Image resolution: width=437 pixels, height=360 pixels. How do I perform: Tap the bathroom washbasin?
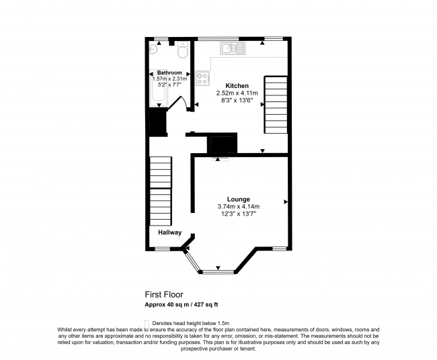(155, 48)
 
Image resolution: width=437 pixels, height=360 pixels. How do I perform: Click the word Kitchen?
(237, 86)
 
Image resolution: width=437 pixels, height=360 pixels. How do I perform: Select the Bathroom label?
(169, 73)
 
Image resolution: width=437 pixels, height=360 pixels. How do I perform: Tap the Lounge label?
(238, 199)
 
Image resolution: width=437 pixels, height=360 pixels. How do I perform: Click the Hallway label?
(169, 232)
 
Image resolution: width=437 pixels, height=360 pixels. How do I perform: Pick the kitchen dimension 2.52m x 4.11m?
(237, 93)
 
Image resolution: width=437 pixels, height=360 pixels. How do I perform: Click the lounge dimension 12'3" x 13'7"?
(238, 214)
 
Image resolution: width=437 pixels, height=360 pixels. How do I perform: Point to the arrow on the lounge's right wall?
(286, 201)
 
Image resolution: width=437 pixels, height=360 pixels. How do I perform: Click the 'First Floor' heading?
(163, 294)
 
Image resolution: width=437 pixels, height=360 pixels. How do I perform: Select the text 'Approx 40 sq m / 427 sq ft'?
(181, 304)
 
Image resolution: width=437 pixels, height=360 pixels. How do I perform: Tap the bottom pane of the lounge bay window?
(218, 271)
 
